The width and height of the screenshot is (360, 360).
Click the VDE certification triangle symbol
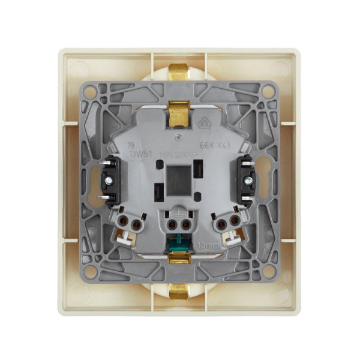pos(204,123)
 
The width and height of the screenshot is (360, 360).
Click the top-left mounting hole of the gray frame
pos(90,92)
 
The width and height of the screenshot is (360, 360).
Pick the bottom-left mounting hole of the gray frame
pos(90,270)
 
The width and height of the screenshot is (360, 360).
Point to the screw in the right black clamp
pos(247,178)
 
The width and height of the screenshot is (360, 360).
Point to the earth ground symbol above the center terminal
pos(178,213)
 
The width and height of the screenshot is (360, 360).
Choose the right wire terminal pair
pos(226,224)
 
